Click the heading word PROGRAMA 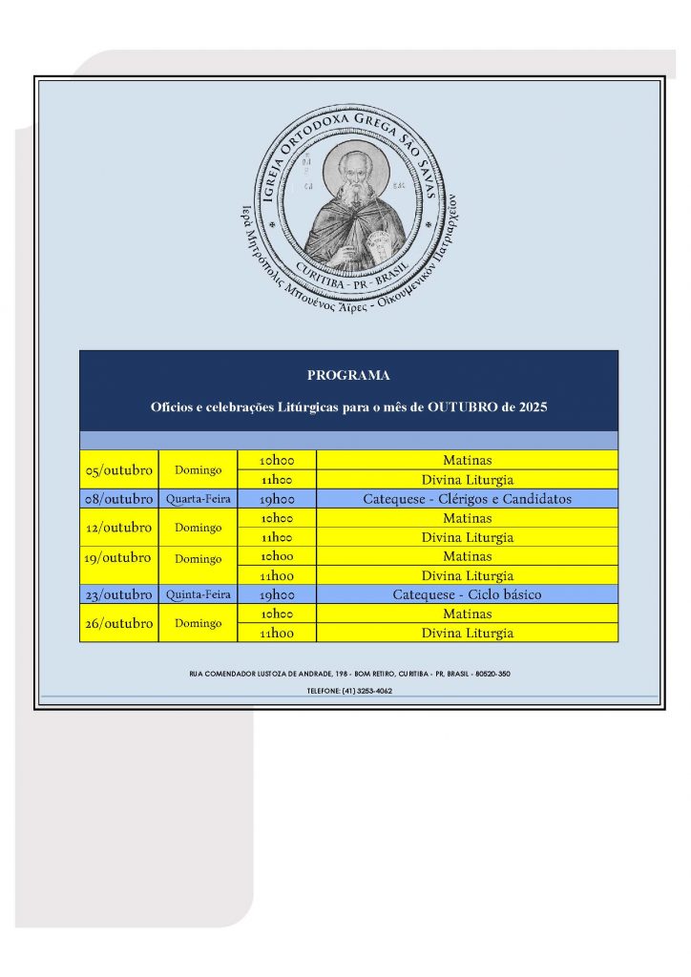[x=348, y=376]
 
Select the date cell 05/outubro [x=119, y=470]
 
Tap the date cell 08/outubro [x=119, y=499]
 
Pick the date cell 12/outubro [x=119, y=528]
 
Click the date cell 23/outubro [x=119, y=594]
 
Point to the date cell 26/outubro [x=119, y=623]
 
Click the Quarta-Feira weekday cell [x=198, y=499]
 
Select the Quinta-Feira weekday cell [x=198, y=594]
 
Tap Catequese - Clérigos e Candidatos [x=467, y=499]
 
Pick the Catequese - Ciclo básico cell [x=467, y=594]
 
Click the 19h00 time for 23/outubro [x=277, y=594]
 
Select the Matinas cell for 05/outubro [x=467, y=461]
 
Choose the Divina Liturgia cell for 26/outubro [x=467, y=633]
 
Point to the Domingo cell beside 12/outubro [x=198, y=528]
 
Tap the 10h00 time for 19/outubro [x=277, y=556]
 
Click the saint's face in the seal [x=347, y=171]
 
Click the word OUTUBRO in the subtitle [x=464, y=407]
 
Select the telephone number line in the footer [x=348, y=690]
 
